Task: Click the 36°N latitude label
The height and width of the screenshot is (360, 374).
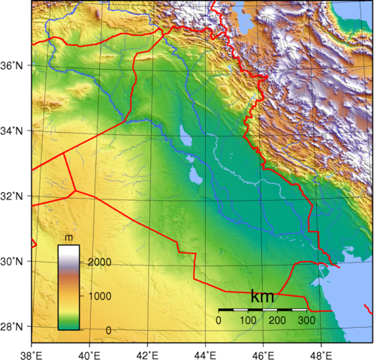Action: coord(15,66)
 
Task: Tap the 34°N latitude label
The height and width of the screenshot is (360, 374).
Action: coord(15,131)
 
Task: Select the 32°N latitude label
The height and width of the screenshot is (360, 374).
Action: coord(15,196)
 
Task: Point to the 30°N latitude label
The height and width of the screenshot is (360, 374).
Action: coord(15,262)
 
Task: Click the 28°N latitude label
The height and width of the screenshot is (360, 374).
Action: coord(15,327)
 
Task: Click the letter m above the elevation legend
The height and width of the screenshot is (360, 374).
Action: coord(68,238)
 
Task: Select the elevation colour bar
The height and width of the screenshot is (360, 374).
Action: coord(68,287)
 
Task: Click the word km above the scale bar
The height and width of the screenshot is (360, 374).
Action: coord(262,297)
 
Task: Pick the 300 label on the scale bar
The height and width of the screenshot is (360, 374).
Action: coord(306,320)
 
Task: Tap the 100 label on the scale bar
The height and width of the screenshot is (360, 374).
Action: coord(248,320)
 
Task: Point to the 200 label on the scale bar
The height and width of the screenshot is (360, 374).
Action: coord(277,320)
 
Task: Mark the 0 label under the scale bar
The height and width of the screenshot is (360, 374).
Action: coord(219,320)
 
